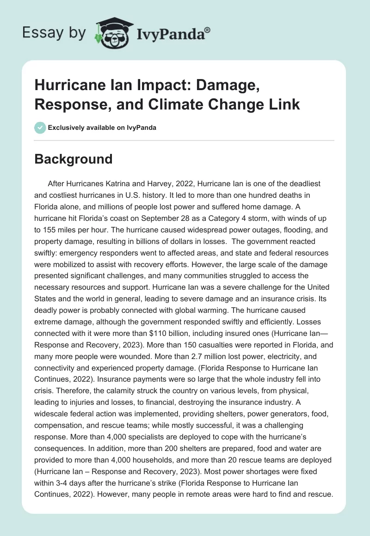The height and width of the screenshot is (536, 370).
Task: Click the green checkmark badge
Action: click(x=40, y=128)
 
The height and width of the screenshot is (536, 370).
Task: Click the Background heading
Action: click(x=74, y=159)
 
